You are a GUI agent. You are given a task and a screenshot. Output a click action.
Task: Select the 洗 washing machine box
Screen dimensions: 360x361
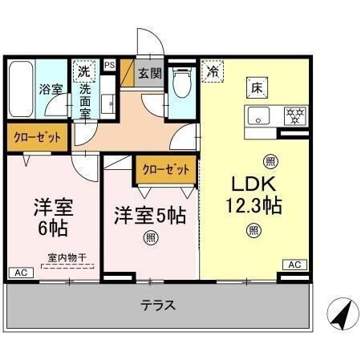pyautogui.click(x=84, y=70)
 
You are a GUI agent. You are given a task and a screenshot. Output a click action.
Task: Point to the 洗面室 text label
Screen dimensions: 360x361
pyautogui.click(x=84, y=101)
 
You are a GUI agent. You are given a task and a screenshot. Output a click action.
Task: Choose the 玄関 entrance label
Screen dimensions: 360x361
pyautogui.click(x=149, y=73)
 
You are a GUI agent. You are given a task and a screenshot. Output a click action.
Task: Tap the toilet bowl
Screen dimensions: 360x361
pyautogui.click(x=183, y=83)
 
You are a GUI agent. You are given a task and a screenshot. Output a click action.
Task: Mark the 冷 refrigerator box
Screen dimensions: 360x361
pyautogui.click(x=213, y=71)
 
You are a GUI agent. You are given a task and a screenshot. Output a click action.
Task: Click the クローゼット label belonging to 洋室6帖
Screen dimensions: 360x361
pyautogui.click(x=37, y=138)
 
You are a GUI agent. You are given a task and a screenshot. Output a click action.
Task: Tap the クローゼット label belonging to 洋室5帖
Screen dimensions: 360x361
pyautogui.click(x=166, y=170)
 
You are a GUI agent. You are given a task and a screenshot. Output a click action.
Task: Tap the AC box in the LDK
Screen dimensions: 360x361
pyautogui.click(x=294, y=264)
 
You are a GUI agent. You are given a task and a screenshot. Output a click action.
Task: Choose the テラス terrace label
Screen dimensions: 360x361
pyautogui.click(x=158, y=305)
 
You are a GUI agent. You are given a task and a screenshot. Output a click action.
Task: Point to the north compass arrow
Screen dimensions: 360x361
pyautogui.click(x=341, y=313)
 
